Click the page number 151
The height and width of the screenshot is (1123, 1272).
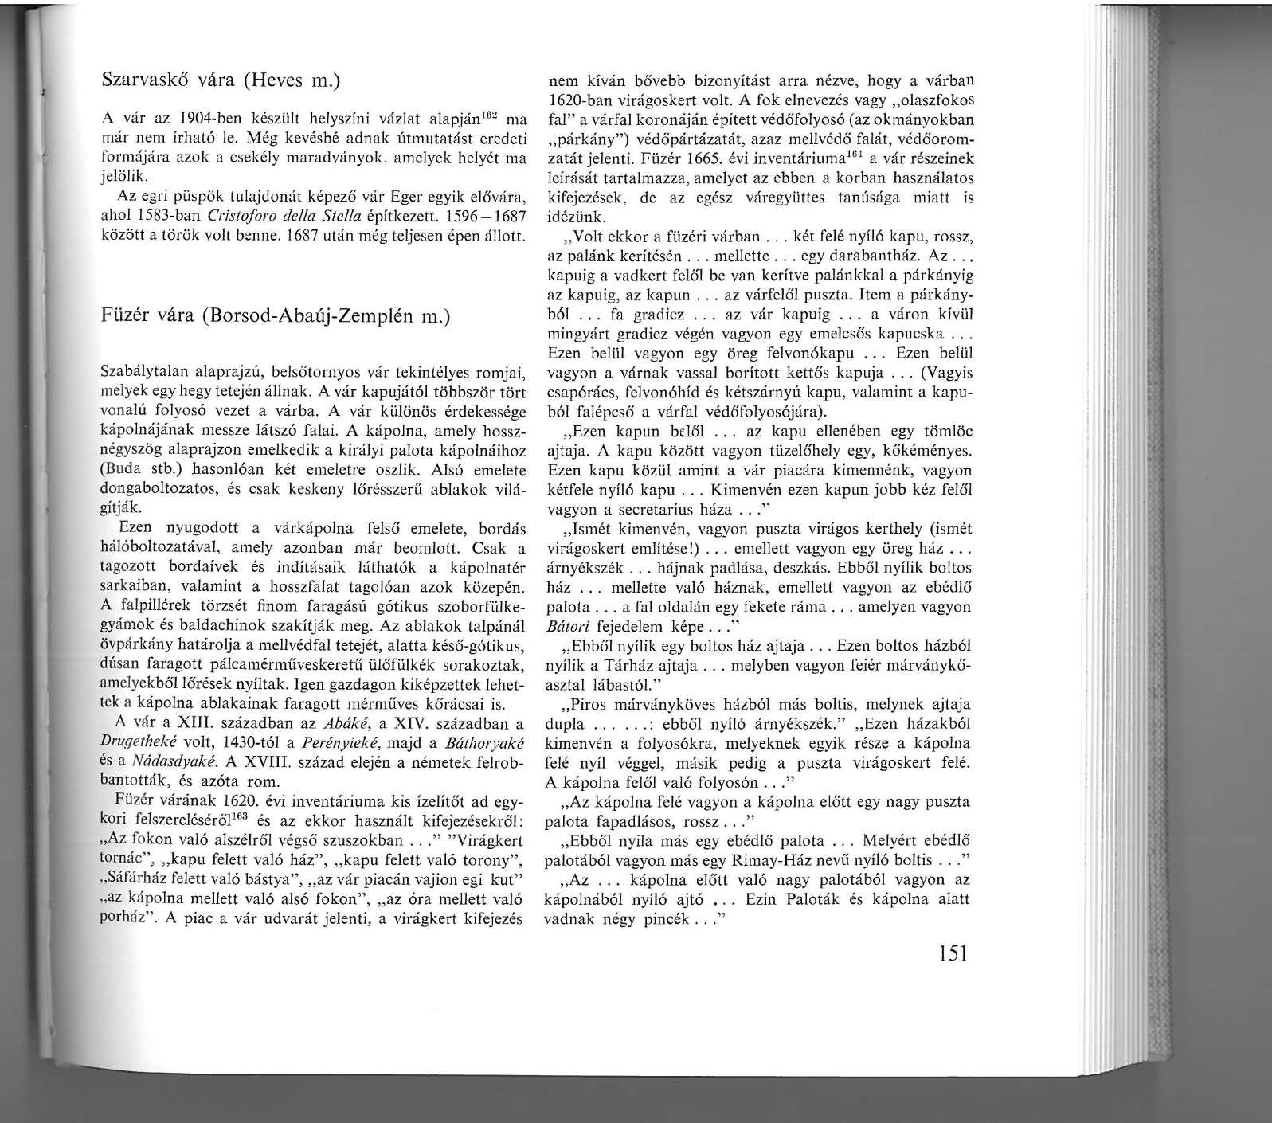point(952,952)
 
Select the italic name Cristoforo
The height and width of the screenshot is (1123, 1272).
point(244,216)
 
